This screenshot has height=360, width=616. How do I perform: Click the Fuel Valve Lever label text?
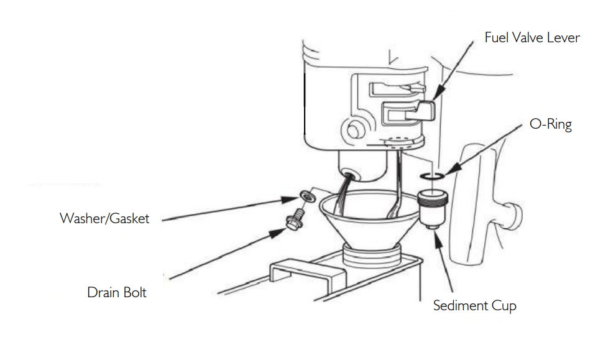pyautogui.click(x=532, y=38)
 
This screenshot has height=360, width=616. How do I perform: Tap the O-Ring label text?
pyautogui.click(x=550, y=124)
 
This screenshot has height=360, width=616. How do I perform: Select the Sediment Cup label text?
pyautogui.click(x=474, y=306)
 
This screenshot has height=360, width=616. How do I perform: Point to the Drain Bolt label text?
pyautogui.click(x=117, y=292)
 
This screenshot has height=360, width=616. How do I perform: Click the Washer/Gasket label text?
pyautogui.click(x=104, y=218)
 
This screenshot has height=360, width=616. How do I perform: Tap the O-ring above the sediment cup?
pyautogui.click(x=432, y=176)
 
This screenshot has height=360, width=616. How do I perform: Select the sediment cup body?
pyautogui.click(x=432, y=208)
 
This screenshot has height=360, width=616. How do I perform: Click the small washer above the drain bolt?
pyautogui.click(x=307, y=196)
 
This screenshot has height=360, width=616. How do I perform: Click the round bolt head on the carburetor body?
pyautogui.click(x=354, y=130)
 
